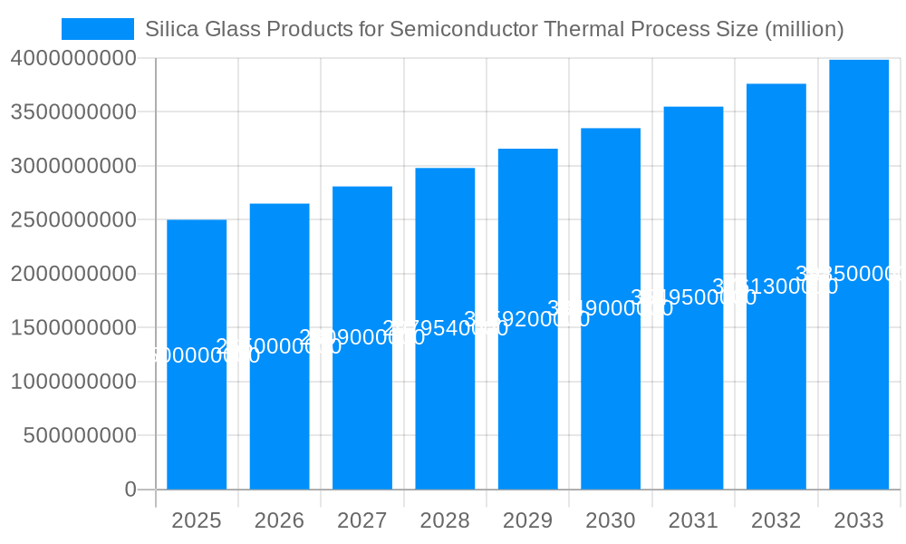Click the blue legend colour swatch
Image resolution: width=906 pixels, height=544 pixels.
point(98,29)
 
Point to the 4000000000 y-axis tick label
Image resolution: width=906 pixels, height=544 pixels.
point(73,58)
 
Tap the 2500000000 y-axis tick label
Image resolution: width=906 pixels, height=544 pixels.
point(73,219)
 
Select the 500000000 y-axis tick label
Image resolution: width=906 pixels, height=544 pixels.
point(80,435)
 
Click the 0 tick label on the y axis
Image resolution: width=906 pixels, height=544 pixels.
point(130,490)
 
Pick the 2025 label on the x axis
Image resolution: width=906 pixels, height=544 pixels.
point(197,520)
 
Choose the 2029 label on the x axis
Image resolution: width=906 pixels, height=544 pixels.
point(527,520)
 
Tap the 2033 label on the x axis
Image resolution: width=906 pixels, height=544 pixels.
point(859,520)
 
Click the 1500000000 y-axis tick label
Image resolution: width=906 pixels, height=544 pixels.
point(73,327)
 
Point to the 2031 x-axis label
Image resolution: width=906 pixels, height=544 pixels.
point(693,520)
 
